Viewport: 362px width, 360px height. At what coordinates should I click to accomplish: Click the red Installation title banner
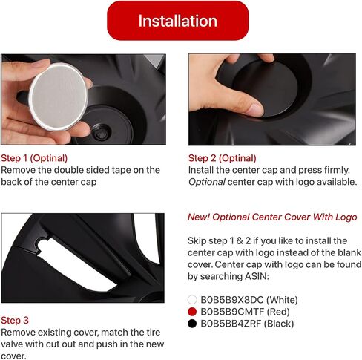178,21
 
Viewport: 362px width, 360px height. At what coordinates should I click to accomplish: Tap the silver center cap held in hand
59,96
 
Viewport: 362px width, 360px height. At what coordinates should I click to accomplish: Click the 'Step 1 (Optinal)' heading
34,158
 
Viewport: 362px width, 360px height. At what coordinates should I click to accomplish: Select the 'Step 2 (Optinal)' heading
223,158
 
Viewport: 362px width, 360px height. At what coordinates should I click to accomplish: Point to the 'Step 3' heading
15,320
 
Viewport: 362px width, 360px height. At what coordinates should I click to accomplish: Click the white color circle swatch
192,300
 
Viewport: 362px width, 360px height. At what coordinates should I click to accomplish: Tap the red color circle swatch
192,312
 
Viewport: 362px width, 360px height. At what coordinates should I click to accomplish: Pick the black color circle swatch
192,324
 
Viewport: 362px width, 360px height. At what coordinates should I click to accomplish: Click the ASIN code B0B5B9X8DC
232,300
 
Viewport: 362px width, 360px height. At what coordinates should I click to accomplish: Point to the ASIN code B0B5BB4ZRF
231,324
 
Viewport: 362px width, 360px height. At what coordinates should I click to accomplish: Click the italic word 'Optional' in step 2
207,182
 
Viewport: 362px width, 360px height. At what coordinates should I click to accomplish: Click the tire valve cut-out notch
44,245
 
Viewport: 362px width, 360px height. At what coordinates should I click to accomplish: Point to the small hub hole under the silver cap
101,134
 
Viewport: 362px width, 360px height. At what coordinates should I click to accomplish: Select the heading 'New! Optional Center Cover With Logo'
272,217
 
